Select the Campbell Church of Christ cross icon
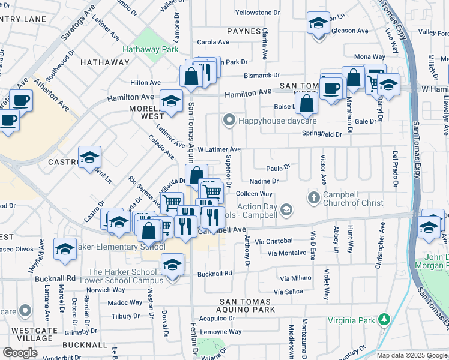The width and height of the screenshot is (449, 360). tap(313, 196)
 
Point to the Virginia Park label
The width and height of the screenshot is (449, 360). tap(351, 320)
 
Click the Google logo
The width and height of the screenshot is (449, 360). tap(20, 353)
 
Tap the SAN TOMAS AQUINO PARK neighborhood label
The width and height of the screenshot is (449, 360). tap(247, 305)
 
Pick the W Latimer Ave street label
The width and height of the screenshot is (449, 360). tap(219, 149)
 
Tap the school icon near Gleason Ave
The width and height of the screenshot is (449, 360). tap(318, 24)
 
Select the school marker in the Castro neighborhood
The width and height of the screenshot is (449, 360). tap(90, 158)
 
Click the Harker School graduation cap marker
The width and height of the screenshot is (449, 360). tap(172, 265)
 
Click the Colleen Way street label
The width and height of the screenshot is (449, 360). tap(254, 194)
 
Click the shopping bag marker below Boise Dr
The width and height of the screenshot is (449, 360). tap(306, 103)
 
